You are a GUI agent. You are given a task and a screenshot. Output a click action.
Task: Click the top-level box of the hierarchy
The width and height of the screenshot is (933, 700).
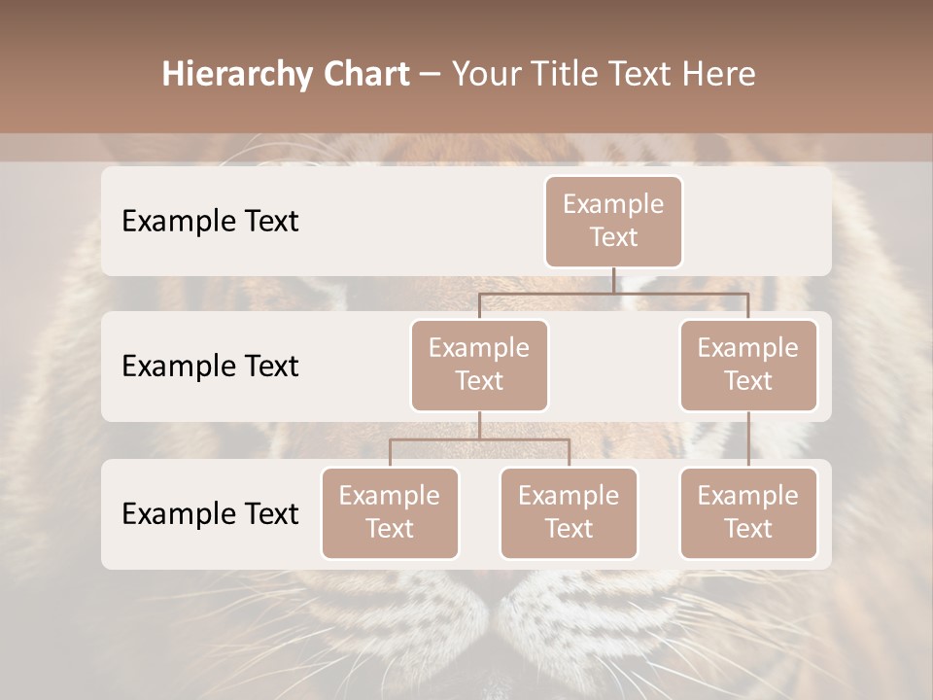tap(613, 222)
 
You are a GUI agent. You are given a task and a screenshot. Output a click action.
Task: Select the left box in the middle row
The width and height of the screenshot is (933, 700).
tap(479, 366)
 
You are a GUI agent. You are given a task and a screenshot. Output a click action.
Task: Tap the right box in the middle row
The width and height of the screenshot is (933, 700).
tap(748, 366)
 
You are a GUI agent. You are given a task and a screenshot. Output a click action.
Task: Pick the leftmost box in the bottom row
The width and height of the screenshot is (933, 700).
tap(390, 513)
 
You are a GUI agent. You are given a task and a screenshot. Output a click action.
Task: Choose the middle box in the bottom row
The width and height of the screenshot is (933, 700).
tap(569, 513)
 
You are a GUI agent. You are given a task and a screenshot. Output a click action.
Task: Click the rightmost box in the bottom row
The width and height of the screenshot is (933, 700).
tap(748, 513)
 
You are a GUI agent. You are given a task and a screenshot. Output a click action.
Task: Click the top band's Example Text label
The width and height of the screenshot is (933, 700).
tap(210, 222)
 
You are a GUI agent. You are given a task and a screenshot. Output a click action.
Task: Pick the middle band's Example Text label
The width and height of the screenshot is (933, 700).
tap(210, 367)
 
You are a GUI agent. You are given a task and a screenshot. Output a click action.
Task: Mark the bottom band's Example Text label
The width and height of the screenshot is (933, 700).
tap(210, 514)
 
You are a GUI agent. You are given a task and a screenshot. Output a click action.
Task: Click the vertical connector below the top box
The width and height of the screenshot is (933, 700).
tap(613, 280)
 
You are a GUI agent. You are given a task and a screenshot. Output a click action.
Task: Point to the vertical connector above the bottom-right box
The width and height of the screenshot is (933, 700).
tap(748, 439)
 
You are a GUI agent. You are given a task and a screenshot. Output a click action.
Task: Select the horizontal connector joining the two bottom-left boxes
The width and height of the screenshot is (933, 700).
tap(479, 439)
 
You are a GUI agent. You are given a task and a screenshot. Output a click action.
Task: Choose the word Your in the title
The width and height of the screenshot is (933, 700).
tap(487, 75)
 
